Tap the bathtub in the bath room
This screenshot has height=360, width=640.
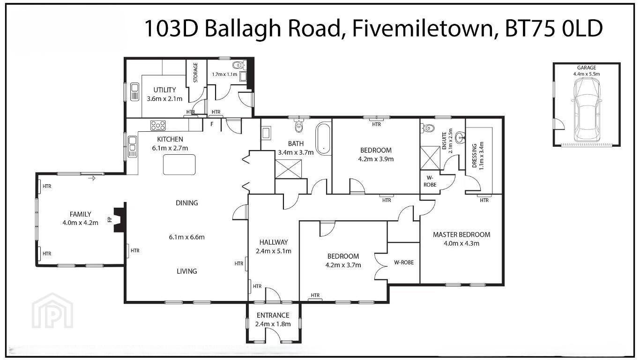coord(323,139)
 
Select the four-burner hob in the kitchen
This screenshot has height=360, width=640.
coord(158,125)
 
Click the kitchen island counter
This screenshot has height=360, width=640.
coord(179,165)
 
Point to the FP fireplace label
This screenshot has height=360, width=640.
coord(109,219)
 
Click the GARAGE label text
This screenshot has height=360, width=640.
coord(587,68)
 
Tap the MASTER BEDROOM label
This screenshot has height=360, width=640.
coord(461,234)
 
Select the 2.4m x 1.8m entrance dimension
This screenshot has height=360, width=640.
coord(273,324)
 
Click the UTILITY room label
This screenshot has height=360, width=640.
coord(164,90)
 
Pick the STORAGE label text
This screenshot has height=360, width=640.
coord(196,73)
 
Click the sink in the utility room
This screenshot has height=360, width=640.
coord(134,92)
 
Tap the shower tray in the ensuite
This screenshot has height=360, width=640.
coord(430,158)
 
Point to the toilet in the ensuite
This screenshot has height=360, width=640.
coord(427,128)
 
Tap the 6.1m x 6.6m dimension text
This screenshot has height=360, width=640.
coord(186,237)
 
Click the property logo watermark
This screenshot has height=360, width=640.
coord(52,310)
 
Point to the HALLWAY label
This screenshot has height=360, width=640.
coord(274,242)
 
